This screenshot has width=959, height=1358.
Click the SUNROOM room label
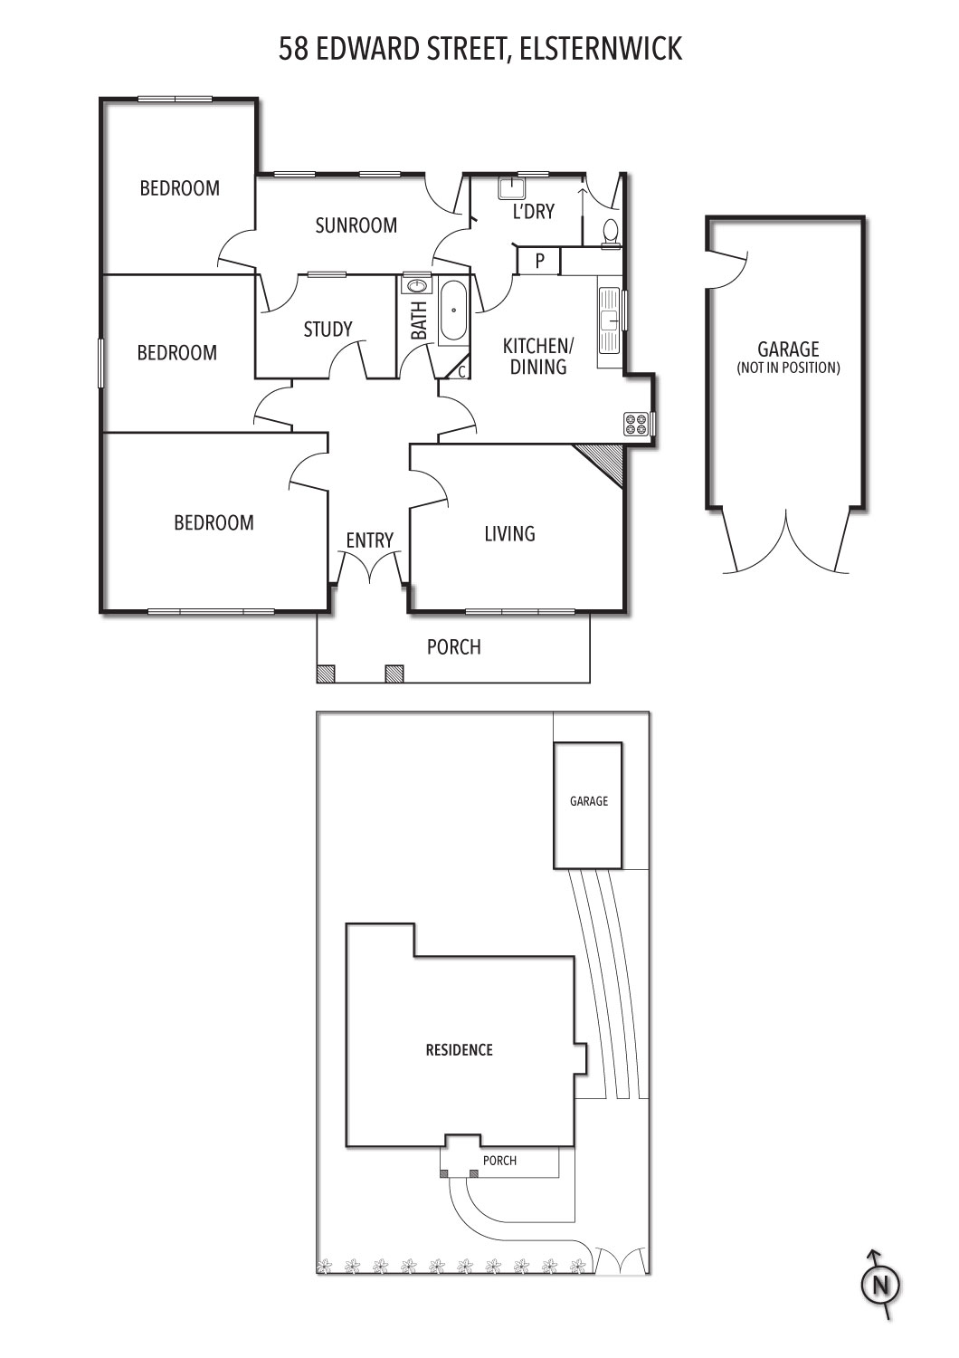pyautogui.click(x=356, y=225)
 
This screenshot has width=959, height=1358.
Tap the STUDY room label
pyautogui.click(x=328, y=330)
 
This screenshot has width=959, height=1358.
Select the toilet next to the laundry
pyautogui.click(x=610, y=234)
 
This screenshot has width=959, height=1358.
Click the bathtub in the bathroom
pyautogui.click(x=452, y=311)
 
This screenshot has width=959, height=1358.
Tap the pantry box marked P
pyautogui.click(x=539, y=261)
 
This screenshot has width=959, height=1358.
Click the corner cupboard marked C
pyautogui.click(x=460, y=369)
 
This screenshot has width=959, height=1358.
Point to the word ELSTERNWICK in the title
pyautogui.click(x=601, y=50)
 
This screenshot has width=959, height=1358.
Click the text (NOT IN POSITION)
pyautogui.click(x=788, y=368)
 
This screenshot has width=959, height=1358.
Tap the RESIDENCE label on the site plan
pyautogui.click(x=460, y=1050)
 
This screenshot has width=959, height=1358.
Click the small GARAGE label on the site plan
pyautogui.click(x=589, y=801)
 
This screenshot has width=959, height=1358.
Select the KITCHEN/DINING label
pyautogui.click(x=538, y=357)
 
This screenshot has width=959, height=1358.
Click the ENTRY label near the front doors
pyautogui.click(x=369, y=540)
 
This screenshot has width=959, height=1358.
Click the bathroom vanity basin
pyautogui.click(x=415, y=285)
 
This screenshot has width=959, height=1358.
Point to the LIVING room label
pyautogui.click(x=510, y=534)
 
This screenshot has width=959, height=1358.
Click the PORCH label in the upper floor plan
pyautogui.click(x=454, y=647)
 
